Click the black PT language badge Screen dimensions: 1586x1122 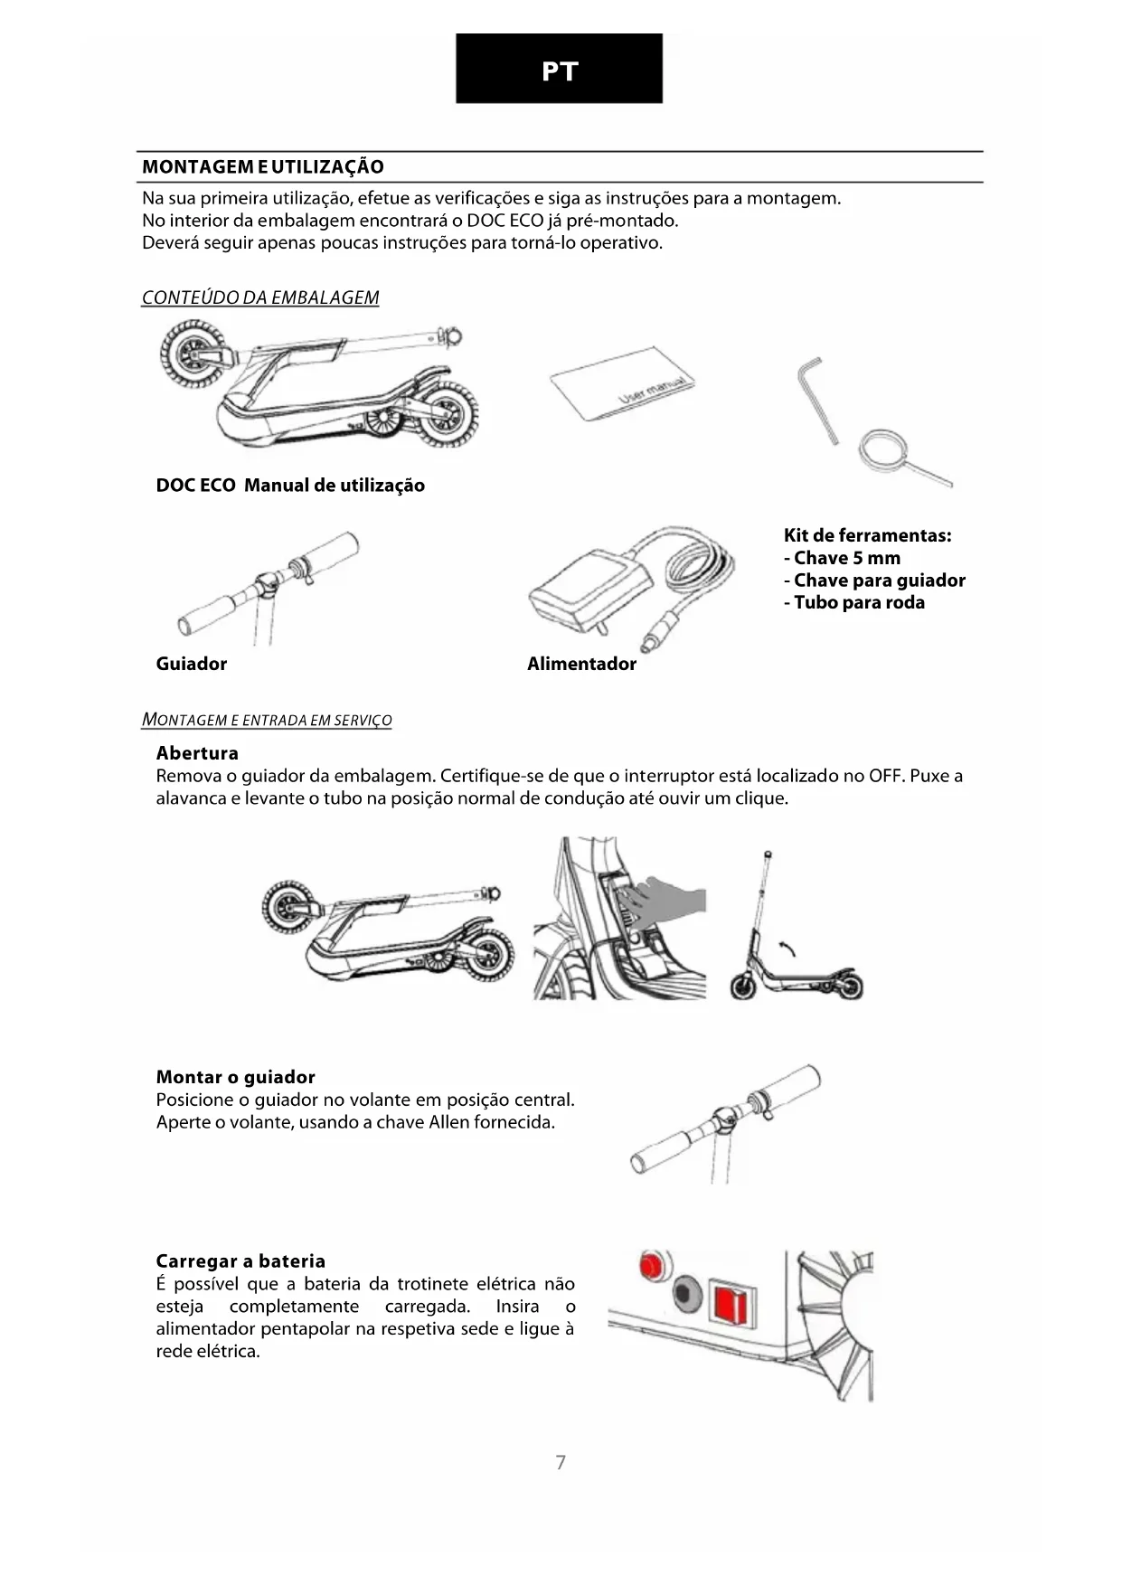click(559, 69)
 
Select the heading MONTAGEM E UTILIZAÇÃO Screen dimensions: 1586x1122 click(263, 166)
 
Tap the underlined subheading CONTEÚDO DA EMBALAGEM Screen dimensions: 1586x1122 click(260, 297)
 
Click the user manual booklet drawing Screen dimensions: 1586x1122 click(623, 390)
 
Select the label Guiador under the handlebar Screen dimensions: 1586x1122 click(192, 664)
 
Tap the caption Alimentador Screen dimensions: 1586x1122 click(581, 664)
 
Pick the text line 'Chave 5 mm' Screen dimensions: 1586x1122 click(842, 558)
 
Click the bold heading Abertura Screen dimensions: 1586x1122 click(197, 753)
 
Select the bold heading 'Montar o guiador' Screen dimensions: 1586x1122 click(235, 1077)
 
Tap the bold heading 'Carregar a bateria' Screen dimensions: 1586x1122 click(240, 1261)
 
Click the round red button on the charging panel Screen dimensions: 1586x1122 click(651, 1266)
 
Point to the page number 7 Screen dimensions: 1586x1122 click(561, 1462)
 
